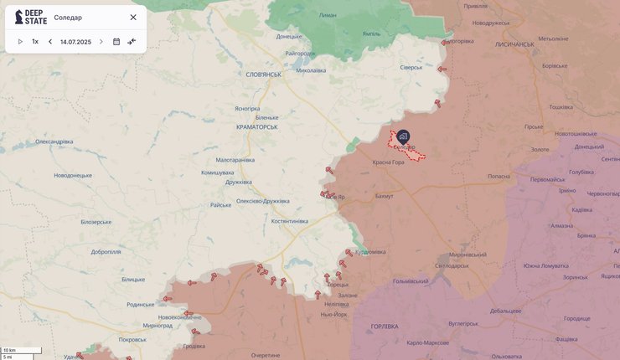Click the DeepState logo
[31, 17]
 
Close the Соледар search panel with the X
[132, 17]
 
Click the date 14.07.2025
[75, 41]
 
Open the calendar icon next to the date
[116, 41]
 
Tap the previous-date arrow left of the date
[50, 41]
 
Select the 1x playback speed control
[35, 41]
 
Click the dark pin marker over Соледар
[403, 136]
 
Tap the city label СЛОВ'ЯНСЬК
[264, 74]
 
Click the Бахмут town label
[384, 196]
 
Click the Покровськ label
[132, 339]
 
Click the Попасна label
[499, 177]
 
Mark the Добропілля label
[106, 251]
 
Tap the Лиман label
[328, 15]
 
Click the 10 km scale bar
[21, 350]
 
